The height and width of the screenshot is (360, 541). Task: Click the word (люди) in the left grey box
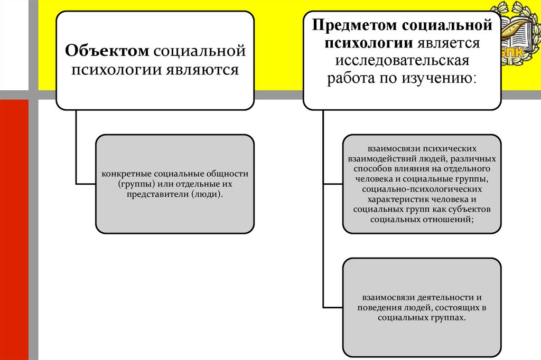tap(207, 194)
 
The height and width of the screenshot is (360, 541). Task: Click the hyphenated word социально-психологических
tap(422, 189)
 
